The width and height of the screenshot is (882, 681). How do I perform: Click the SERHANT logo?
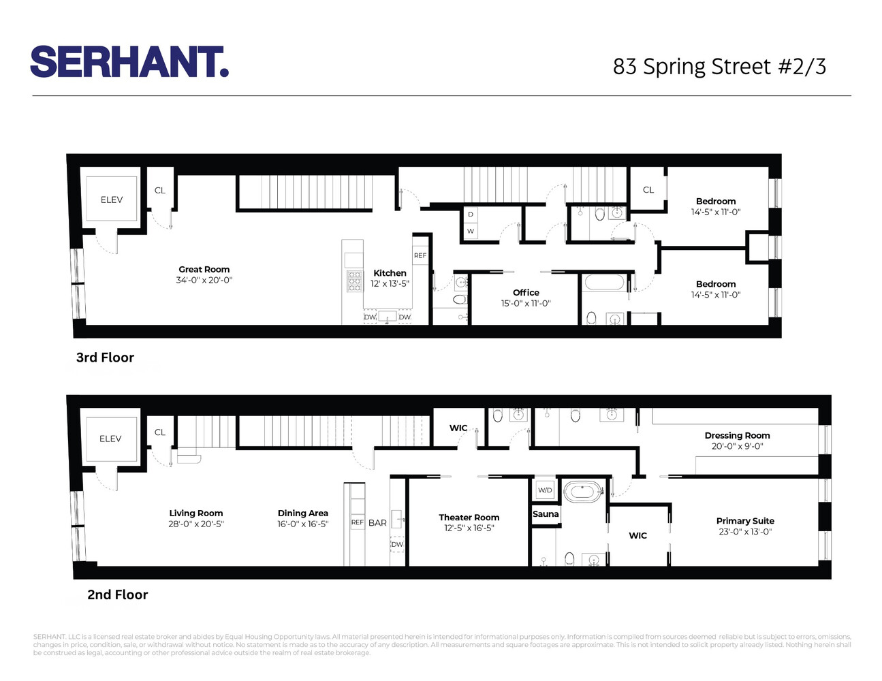pos(129,62)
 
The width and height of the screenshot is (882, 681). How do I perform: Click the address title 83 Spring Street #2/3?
pos(719,67)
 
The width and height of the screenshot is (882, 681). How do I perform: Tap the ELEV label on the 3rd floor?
pos(112,200)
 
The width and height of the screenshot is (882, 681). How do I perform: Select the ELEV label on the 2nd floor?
pos(110,439)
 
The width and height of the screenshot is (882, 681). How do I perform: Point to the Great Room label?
pos(204,270)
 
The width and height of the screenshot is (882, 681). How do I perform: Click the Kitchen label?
pos(390,273)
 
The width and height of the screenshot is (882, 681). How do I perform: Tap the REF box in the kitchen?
pos(420,255)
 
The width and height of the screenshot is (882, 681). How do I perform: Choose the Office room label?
pos(526,293)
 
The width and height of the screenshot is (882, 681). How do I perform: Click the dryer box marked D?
pos(470,215)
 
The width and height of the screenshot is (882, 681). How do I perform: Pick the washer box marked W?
pos(470,232)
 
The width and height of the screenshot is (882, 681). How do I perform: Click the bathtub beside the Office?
pos(604,282)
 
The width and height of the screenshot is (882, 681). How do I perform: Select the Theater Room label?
pos(469,518)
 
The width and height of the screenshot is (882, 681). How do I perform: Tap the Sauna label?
pos(546,514)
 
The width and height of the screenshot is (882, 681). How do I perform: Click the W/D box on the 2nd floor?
pos(545,490)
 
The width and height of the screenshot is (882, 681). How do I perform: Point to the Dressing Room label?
pos(737,436)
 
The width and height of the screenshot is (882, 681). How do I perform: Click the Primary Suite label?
pos(745,521)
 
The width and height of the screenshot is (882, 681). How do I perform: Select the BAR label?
pos(377,523)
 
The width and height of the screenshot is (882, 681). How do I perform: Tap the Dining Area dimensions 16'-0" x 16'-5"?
pos(303,524)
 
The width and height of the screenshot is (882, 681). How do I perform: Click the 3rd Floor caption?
pos(105,358)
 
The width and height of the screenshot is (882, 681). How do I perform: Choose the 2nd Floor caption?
pos(117,595)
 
